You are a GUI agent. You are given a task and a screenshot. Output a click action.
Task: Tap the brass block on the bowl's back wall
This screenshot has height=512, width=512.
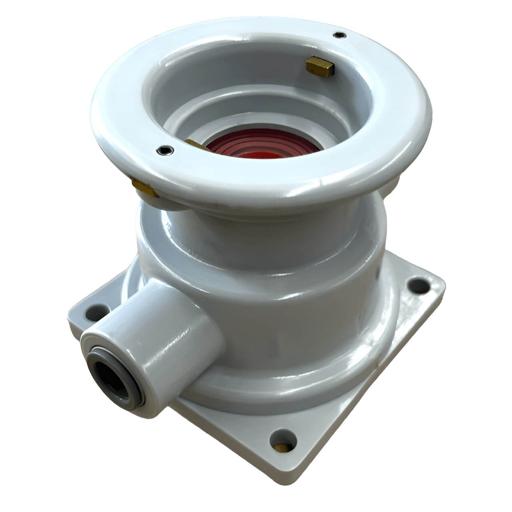320,66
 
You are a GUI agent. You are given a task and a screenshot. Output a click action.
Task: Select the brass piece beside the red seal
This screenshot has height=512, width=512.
196,144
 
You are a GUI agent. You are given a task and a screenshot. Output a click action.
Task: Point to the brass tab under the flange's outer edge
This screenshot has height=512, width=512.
144,188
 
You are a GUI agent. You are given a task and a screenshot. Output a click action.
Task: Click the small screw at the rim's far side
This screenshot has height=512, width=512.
340,35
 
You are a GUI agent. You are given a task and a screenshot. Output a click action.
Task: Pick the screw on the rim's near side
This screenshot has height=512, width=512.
165,150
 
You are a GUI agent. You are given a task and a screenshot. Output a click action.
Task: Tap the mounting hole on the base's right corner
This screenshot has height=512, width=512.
418,285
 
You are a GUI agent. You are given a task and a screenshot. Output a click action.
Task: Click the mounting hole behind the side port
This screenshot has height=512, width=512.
98,312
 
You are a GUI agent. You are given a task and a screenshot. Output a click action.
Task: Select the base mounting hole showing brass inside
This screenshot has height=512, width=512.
283,441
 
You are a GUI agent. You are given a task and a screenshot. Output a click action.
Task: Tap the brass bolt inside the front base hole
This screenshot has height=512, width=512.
282,447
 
